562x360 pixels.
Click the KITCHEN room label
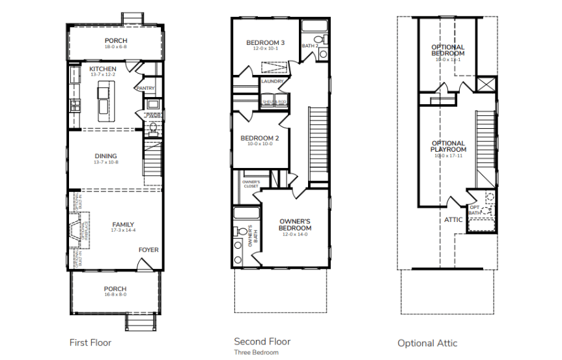pyautogui.click(x=103, y=69)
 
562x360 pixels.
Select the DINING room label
pyautogui.click(x=105, y=156)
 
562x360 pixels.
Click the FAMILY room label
pyautogui.click(x=123, y=225)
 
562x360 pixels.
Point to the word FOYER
pyautogui.click(x=148, y=250)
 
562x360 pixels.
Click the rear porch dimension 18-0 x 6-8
pyautogui.click(x=115, y=48)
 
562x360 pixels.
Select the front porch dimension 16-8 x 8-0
pyautogui.click(x=115, y=294)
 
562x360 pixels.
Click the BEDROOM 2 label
pyautogui.click(x=259, y=138)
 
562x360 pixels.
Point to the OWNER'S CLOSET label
pyautogui.click(x=251, y=184)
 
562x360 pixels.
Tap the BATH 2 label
pyautogui.click(x=310, y=46)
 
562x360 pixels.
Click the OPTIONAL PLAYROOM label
pyautogui.click(x=448, y=146)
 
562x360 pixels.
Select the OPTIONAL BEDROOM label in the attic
pyautogui.click(x=448, y=50)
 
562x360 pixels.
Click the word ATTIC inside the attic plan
pyautogui.click(x=453, y=220)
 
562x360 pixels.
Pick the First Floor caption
pyautogui.click(x=91, y=342)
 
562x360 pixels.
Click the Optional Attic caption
pyautogui.click(x=428, y=343)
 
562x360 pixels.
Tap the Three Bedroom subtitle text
pyautogui.click(x=256, y=352)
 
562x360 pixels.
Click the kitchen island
pyautogui.click(x=104, y=101)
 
